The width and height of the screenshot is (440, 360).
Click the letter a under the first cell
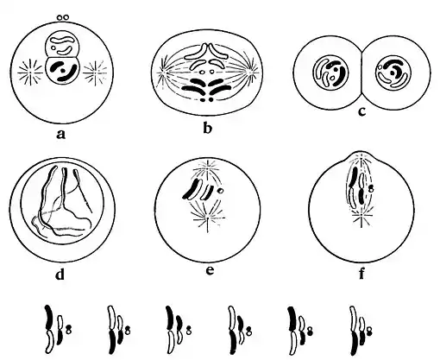tap(61, 134)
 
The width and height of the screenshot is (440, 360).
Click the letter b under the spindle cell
tap(207, 128)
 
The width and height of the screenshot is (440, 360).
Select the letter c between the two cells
tap(361, 111)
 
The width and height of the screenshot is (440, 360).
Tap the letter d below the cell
tap(60, 274)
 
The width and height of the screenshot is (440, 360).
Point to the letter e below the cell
tap(211, 270)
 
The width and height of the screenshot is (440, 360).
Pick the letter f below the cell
tap(361, 273)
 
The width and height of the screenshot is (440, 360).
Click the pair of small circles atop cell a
tap(63, 17)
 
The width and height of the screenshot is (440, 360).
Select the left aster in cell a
tap(29, 73)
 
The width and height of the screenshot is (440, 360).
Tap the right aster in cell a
tap(93, 73)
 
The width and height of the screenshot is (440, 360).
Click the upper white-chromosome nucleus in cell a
tap(62, 46)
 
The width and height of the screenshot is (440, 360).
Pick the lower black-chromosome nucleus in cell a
tap(62, 70)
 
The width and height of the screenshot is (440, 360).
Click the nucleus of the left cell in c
tap(330, 73)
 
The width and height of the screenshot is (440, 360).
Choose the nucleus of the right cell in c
tap(393, 73)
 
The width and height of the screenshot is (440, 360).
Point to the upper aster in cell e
tap(207, 169)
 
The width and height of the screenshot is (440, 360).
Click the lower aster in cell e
tap(207, 218)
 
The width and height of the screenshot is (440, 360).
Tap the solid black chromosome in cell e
tap(192, 189)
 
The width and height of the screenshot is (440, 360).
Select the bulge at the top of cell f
tap(361, 155)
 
